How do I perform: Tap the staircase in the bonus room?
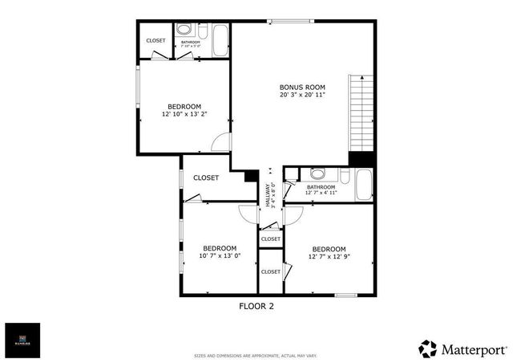362,113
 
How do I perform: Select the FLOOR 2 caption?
256,305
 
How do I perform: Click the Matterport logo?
463,349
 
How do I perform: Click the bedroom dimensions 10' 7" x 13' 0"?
219,256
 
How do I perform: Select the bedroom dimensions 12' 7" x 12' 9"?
329,257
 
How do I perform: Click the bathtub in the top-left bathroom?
220,42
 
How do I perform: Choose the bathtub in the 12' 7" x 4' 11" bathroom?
364,185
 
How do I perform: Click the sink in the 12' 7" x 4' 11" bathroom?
318,173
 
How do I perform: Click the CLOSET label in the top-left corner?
156,41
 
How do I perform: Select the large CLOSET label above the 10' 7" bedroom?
206,177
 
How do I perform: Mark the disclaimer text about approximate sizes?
256,353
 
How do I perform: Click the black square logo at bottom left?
22,341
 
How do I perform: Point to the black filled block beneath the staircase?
362,159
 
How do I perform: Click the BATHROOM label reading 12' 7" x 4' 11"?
321,190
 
